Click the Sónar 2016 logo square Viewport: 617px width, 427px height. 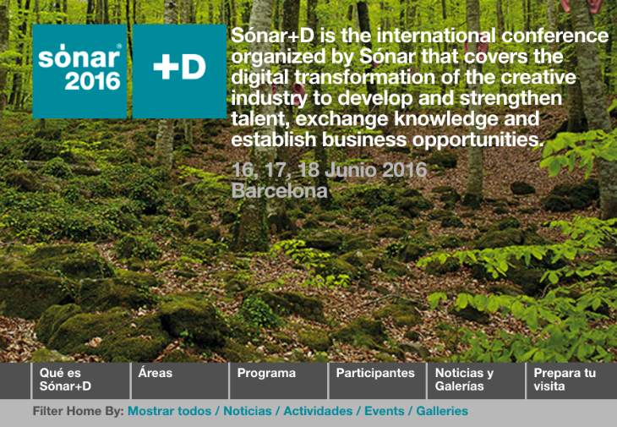click(79, 71)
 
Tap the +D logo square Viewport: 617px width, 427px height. click(179, 71)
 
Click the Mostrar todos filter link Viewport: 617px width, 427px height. click(170, 411)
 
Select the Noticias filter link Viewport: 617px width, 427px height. click(248, 411)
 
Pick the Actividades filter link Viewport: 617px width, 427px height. click(318, 411)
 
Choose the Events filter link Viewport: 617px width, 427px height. click(384, 411)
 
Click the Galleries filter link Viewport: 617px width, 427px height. click(442, 411)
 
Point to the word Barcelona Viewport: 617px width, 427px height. click(280, 191)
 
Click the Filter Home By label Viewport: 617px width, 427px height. click(79, 411)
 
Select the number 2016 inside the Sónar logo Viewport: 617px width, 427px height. click(92, 81)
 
